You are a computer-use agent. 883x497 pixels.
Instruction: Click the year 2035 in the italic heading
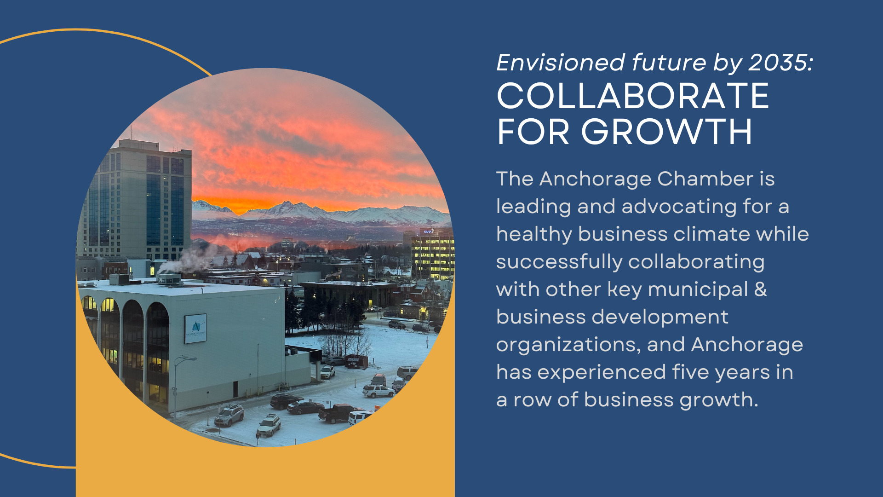tap(780, 63)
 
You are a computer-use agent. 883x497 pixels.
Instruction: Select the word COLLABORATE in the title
tap(633, 96)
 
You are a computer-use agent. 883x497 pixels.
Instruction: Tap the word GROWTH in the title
tap(667, 132)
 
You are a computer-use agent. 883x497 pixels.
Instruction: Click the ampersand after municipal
tap(761, 289)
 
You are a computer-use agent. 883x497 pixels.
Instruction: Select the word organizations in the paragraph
tap(568, 345)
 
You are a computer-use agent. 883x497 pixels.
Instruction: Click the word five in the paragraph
tap(691, 372)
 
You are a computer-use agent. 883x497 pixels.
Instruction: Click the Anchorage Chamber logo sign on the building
tap(195, 329)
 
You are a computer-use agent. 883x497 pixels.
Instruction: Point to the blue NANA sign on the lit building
tap(428, 231)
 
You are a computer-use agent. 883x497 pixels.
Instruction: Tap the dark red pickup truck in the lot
tap(339, 412)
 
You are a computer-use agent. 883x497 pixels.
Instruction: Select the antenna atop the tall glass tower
tap(131, 133)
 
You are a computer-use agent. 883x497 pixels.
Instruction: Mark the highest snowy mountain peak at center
tap(288, 203)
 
